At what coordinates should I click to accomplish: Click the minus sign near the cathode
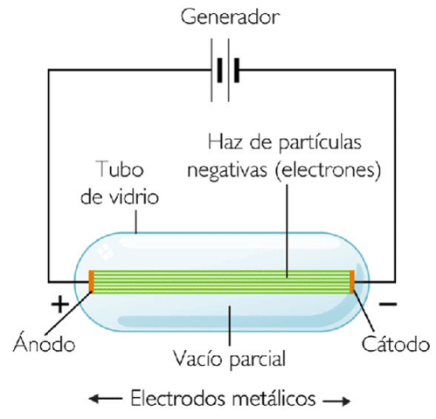click(x=389, y=306)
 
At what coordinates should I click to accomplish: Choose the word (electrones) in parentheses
click(x=334, y=168)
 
